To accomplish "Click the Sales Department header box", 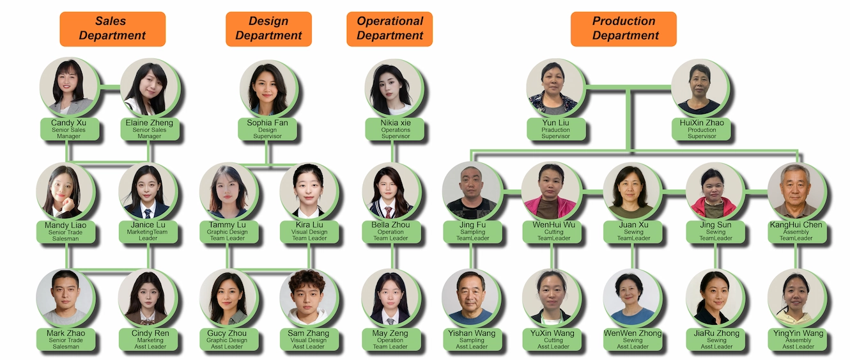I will click(x=112, y=29).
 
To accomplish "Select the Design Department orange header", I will click(x=268, y=29).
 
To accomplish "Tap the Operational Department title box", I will click(x=390, y=29).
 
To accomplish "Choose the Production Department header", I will click(x=624, y=29).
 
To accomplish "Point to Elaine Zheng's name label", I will click(x=148, y=129).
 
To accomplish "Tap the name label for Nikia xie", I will click(x=392, y=129).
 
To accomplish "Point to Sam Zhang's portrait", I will click(x=308, y=297).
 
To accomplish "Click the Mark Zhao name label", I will click(x=66, y=339).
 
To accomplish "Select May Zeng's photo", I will click(x=390, y=297).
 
